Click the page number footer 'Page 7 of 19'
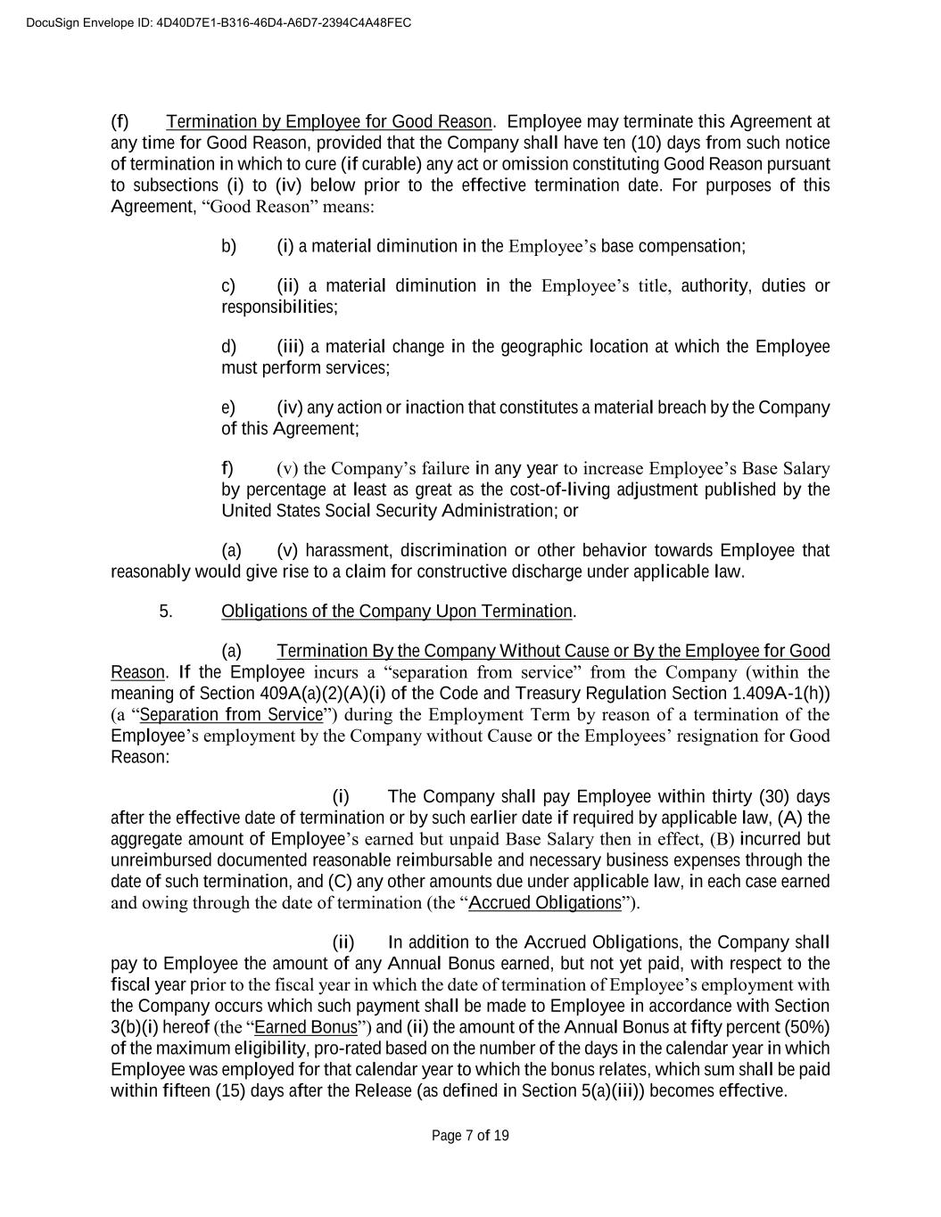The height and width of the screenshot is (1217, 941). (x=470, y=1135)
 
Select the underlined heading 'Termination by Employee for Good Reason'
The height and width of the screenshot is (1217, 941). (x=328, y=121)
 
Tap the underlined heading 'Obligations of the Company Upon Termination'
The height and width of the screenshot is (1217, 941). (x=397, y=611)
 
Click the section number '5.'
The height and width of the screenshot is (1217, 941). (x=166, y=611)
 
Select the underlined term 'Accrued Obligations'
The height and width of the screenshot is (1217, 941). (x=544, y=902)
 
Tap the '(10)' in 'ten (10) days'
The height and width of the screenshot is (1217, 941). (x=646, y=143)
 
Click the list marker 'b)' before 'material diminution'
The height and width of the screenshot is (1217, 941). (x=228, y=246)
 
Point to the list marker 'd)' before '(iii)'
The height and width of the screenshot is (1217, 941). (x=228, y=346)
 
